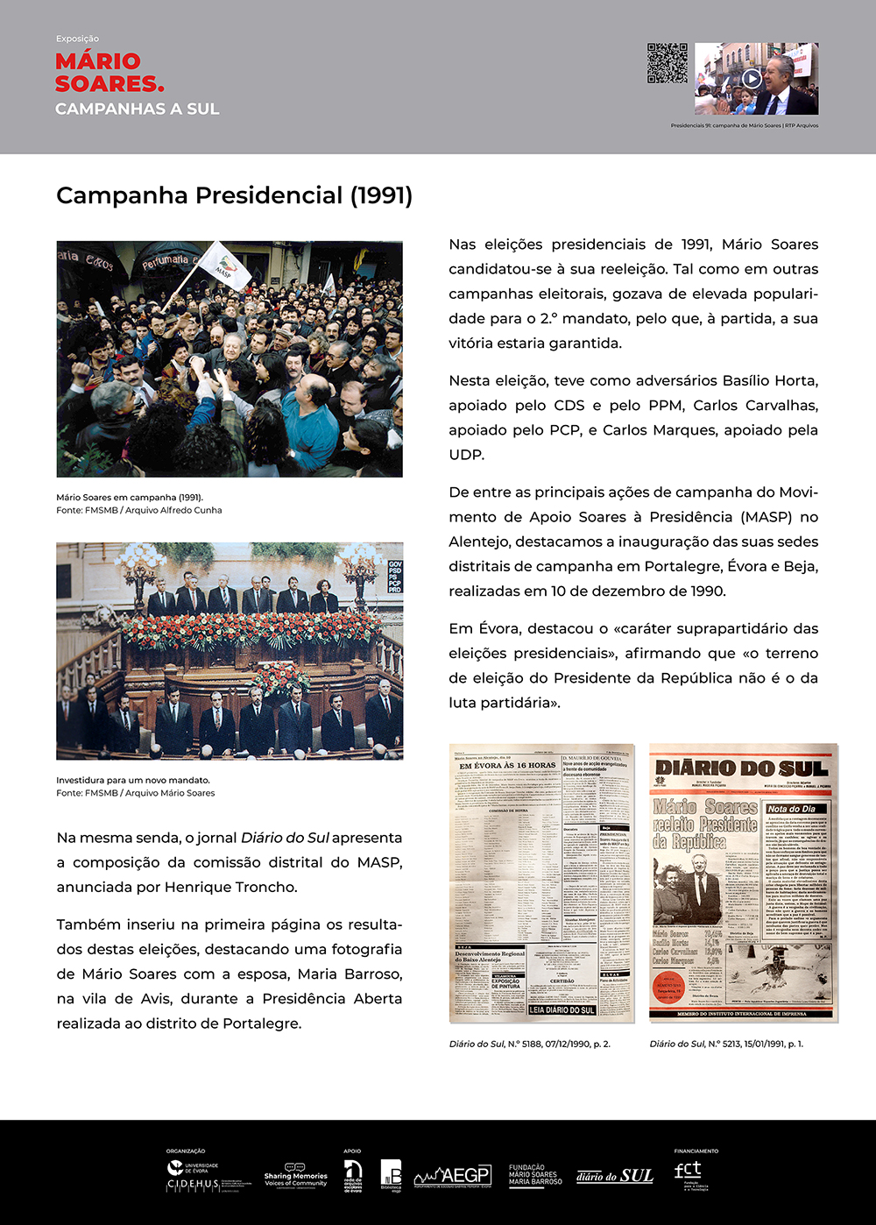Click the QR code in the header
(668, 63)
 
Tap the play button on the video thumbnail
(751, 78)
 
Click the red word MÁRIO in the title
(97, 61)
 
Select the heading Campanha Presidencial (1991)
(234, 195)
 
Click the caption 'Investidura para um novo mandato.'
(133, 780)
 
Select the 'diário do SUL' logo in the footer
(615, 1176)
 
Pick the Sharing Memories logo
(296, 1176)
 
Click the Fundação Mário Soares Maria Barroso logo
(535, 1175)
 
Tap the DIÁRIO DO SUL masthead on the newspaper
(742, 768)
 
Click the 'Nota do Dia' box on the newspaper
(791, 809)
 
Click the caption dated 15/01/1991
(726, 1044)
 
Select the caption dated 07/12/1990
(529, 1044)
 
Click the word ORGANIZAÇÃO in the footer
(186, 1151)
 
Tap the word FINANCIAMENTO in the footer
(696, 1151)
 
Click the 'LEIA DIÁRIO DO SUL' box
(562, 1010)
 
